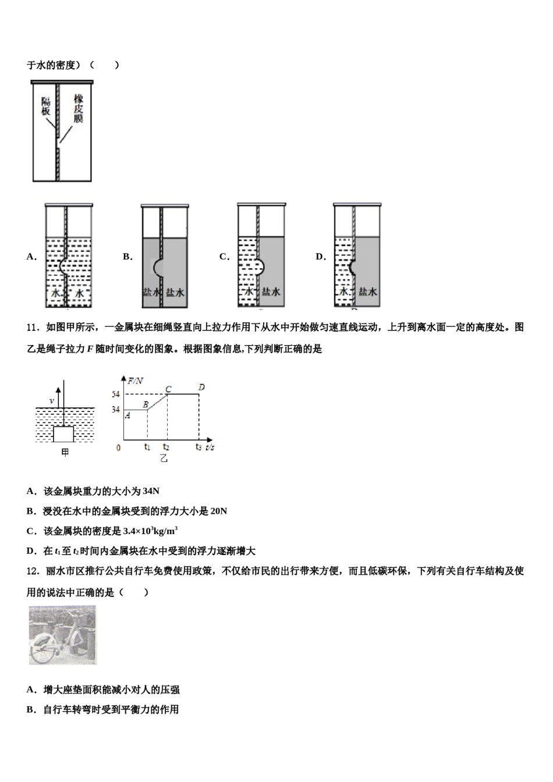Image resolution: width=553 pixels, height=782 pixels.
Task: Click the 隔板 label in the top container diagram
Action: tap(46, 106)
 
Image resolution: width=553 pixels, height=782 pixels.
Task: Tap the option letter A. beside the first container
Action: tap(31, 257)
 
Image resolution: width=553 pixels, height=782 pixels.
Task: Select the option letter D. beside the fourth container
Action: tap(321, 257)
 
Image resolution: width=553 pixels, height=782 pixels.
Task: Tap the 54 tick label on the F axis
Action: tap(115, 394)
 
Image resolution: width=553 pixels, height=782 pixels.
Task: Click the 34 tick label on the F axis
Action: tap(115, 410)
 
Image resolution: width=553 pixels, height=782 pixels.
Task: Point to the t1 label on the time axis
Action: tap(147, 447)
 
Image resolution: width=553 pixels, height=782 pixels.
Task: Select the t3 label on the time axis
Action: tap(199, 447)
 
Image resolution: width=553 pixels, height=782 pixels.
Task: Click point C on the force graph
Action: tap(168, 389)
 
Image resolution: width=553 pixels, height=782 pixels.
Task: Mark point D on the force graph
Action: tap(201, 387)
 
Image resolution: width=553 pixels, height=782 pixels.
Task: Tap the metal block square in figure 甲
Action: tap(63, 434)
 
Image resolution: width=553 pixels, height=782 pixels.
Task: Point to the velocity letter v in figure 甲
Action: tap(52, 401)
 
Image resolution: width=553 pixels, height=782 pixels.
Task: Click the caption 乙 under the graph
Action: tap(164, 458)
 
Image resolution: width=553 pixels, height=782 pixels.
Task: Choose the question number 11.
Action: tap(33, 327)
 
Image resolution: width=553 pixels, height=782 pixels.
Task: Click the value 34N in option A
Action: tap(151, 491)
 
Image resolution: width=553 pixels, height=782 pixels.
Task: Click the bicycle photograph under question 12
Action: tap(63, 635)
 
